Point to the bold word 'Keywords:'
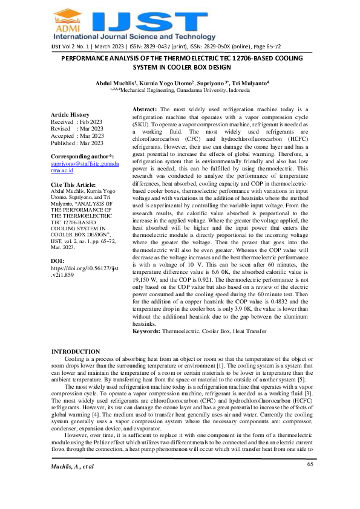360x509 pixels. (147, 332)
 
